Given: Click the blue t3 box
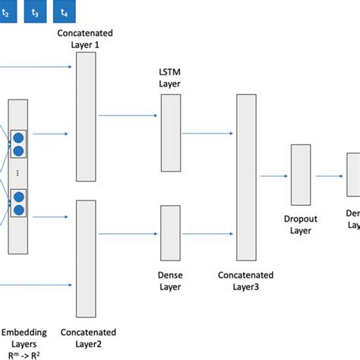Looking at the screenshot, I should [34, 12].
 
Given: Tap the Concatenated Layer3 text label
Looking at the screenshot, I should [248, 280].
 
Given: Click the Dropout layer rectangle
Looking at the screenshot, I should [302, 175].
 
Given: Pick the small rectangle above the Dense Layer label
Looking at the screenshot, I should [171, 228].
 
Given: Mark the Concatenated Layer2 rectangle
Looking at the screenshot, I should [86, 258].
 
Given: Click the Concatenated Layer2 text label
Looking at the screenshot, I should [89, 337].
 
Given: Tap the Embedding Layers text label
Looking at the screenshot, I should [24, 337].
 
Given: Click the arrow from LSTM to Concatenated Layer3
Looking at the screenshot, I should [208, 134].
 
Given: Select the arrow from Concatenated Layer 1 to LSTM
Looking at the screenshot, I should [128, 117].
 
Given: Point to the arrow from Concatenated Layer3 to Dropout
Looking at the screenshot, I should [274, 176].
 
